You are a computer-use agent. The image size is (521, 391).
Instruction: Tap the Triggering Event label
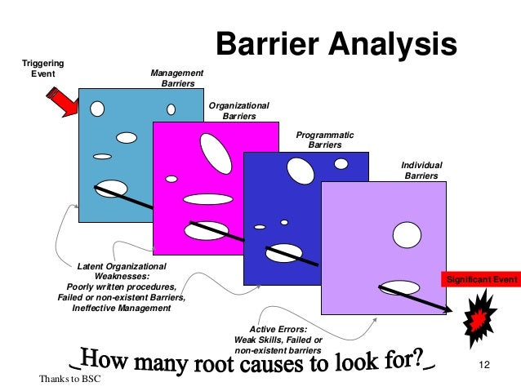click(x=42, y=69)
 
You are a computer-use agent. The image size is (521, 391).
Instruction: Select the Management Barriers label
click(x=177, y=78)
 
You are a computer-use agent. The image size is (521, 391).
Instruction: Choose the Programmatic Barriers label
click(x=324, y=140)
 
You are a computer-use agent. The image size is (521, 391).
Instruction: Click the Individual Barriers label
click(x=421, y=170)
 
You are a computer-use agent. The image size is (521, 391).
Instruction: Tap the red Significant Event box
click(x=479, y=280)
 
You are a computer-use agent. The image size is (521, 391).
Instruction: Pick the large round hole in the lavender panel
click(x=407, y=235)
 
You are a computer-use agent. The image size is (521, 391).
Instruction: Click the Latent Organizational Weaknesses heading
click(x=121, y=271)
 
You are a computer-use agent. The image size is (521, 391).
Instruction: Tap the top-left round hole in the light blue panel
click(x=97, y=108)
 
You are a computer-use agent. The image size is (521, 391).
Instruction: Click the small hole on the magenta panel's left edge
click(x=171, y=179)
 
